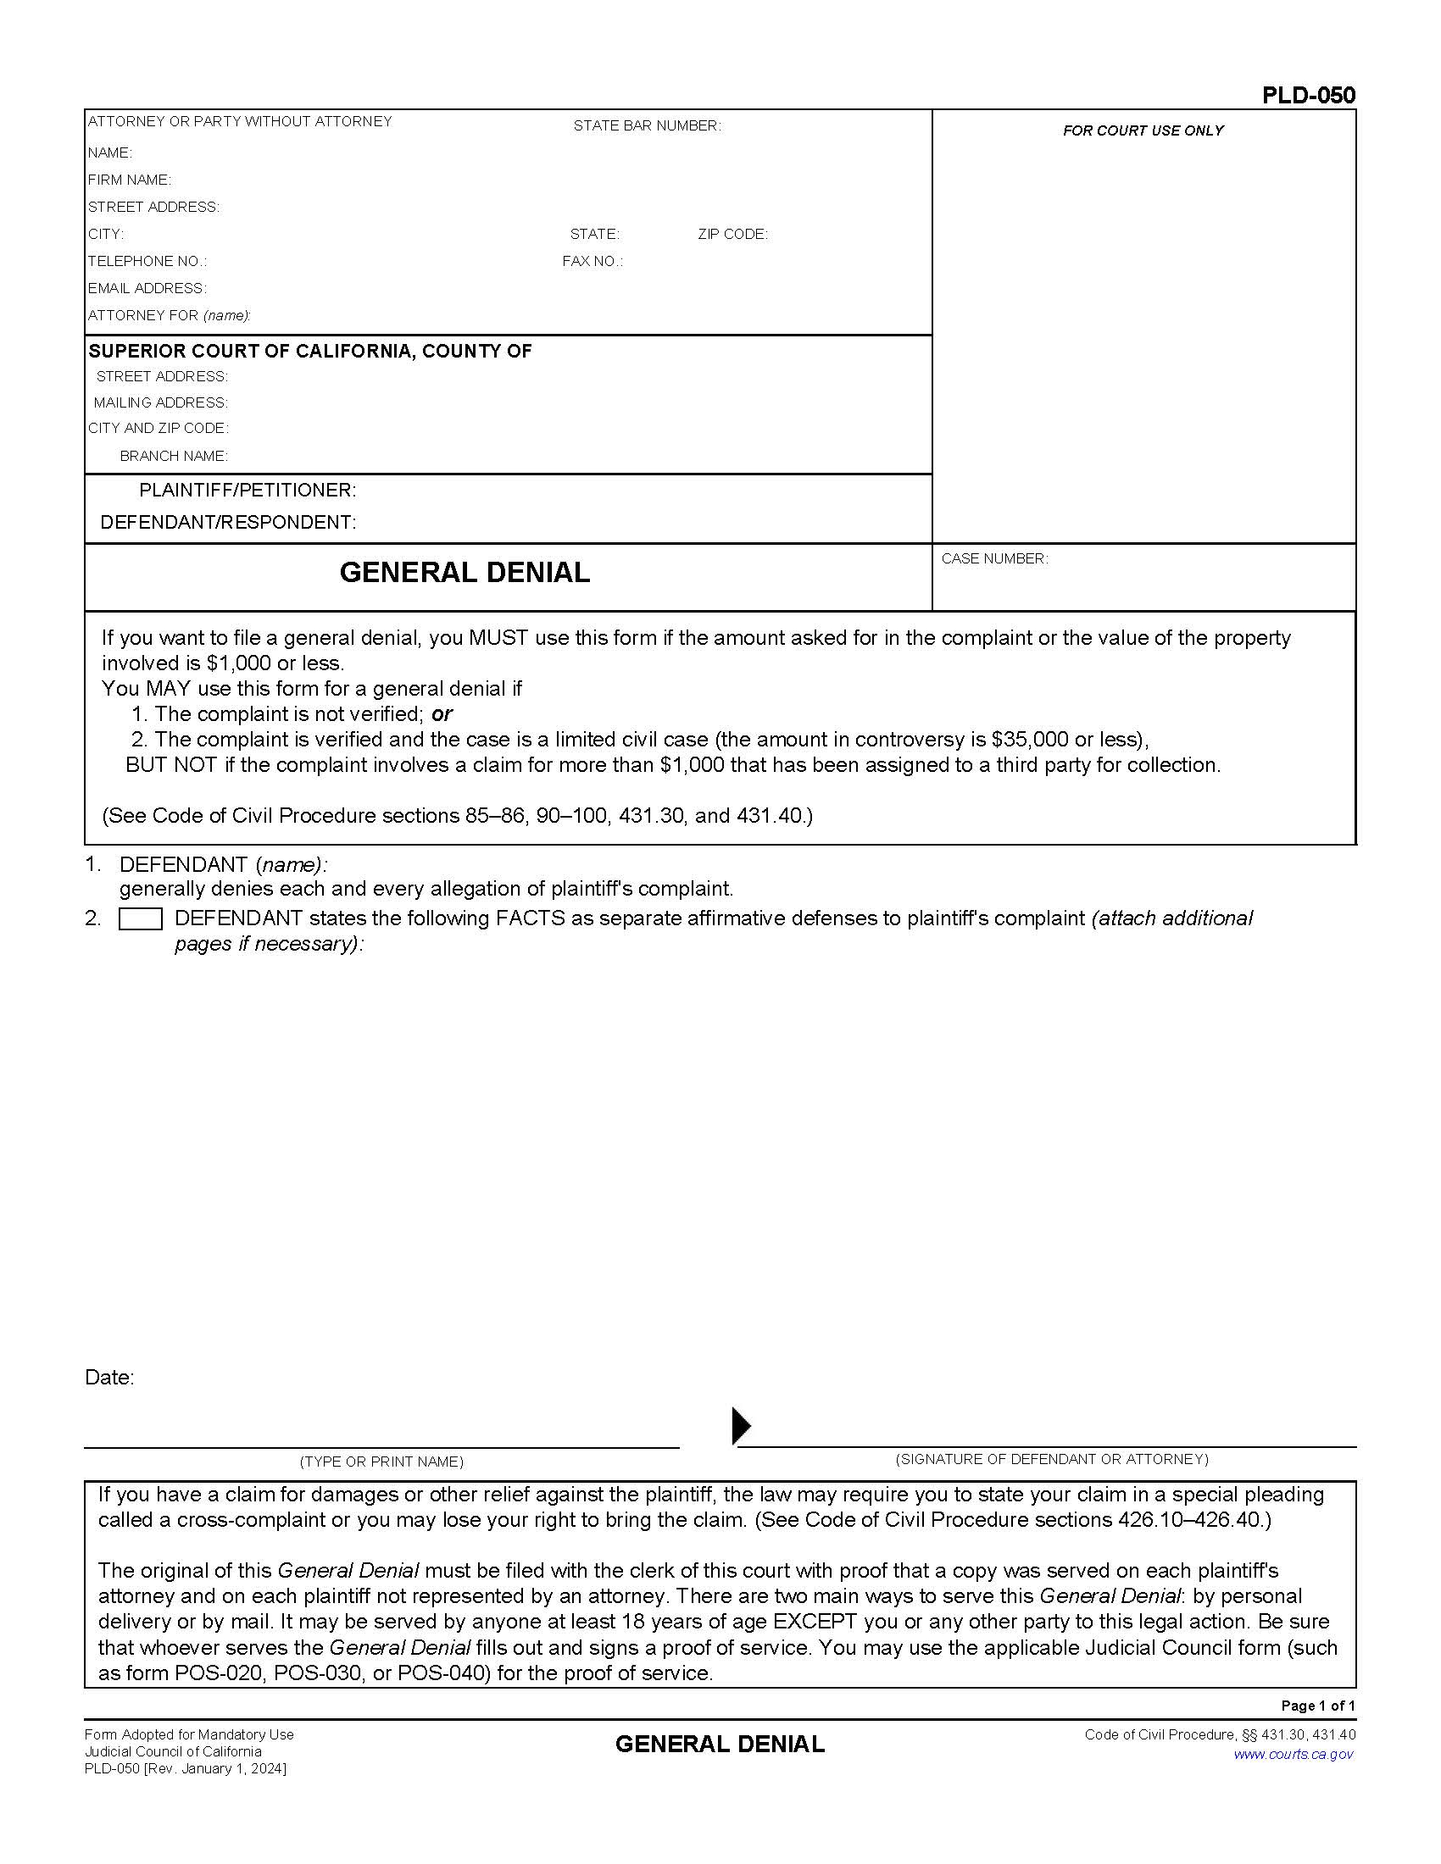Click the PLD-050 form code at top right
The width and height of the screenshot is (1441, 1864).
coord(1308,95)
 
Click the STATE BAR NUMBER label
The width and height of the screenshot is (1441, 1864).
coord(646,125)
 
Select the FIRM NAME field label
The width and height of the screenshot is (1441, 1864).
coord(129,180)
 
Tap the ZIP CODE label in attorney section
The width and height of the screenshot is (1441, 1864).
coord(732,234)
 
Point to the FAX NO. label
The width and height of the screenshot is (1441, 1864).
coord(592,261)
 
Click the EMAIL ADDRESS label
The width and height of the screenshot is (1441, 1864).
coord(147,288)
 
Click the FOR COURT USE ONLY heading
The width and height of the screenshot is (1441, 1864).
coord(1143,130)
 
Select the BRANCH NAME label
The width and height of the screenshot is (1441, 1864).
coord(173,456)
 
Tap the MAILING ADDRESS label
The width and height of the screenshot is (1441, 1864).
coord(160,402)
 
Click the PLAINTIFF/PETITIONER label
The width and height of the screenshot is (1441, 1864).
coord(248,490)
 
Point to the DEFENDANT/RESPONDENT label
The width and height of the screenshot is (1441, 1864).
coord(228,522)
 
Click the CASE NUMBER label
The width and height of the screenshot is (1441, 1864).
coord(993,558)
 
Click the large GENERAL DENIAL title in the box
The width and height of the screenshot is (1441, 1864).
coord(465,572)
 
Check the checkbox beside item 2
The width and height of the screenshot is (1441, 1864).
coord(140,919)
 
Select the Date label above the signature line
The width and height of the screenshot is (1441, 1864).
coord(109,1377)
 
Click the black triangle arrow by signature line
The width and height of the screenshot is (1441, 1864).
coord(741,1426)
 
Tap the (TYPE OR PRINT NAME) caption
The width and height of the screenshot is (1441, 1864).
coord(381,1462)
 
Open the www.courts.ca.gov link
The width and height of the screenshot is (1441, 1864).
coord(1293,1755)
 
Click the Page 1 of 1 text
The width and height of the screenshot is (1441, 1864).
coord(1317,1706)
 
